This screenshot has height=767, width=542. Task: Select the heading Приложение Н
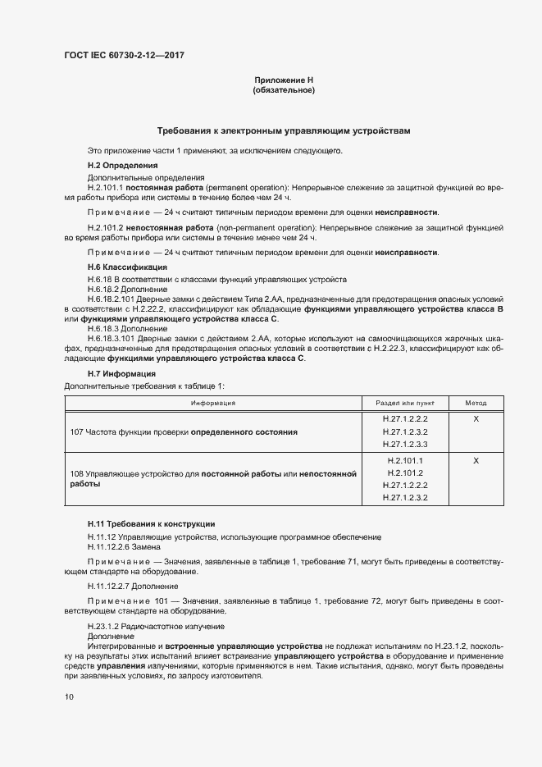point(284,80)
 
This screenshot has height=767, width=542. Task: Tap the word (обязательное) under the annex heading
point(284,90)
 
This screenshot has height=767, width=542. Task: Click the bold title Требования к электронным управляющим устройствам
point(284,131)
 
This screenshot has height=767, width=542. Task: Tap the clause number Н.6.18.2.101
point(116,299)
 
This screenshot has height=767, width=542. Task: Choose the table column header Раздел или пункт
point(405,403)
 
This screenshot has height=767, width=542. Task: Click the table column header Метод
point(476,403)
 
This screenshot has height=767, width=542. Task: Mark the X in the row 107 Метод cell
point(476,418)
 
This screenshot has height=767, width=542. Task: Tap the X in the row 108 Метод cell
point(476,460)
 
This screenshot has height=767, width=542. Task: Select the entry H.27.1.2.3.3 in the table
point(405,444)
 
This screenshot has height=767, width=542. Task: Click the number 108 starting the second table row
point(77,474)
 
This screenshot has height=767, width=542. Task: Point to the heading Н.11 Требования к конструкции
point(152,523)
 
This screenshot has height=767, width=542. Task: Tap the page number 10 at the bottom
point(69,697)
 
